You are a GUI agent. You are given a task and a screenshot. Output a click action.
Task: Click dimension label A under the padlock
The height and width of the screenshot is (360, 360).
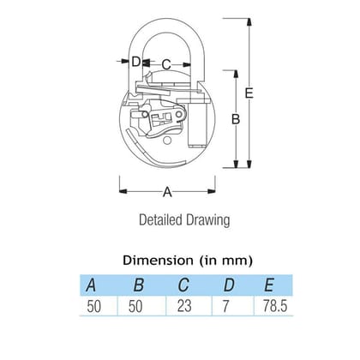click(x=167, y=192)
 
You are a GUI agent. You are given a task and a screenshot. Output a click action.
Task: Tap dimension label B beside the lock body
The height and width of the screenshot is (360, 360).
click(x=236, y=119)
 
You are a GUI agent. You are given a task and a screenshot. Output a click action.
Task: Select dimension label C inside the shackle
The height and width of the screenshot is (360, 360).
click(x=166, y=64)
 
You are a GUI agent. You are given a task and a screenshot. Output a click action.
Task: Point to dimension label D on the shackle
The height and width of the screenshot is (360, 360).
click(x=136, y=62)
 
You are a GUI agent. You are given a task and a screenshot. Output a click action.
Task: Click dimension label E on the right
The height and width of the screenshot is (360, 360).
click(x=249, y=93)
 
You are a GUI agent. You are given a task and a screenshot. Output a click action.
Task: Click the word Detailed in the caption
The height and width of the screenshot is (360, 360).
click(x=160, y=220)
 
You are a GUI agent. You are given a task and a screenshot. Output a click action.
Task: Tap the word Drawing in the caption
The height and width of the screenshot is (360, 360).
click(x=208, y=220)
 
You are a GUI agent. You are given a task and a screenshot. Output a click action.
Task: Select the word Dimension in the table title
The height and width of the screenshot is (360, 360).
click(x=158, y=261)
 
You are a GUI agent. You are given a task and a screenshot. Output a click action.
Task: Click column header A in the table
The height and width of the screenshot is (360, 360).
click(x=91, y=285)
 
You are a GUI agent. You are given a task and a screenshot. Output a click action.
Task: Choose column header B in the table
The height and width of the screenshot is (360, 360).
click(x=139, y=285)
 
